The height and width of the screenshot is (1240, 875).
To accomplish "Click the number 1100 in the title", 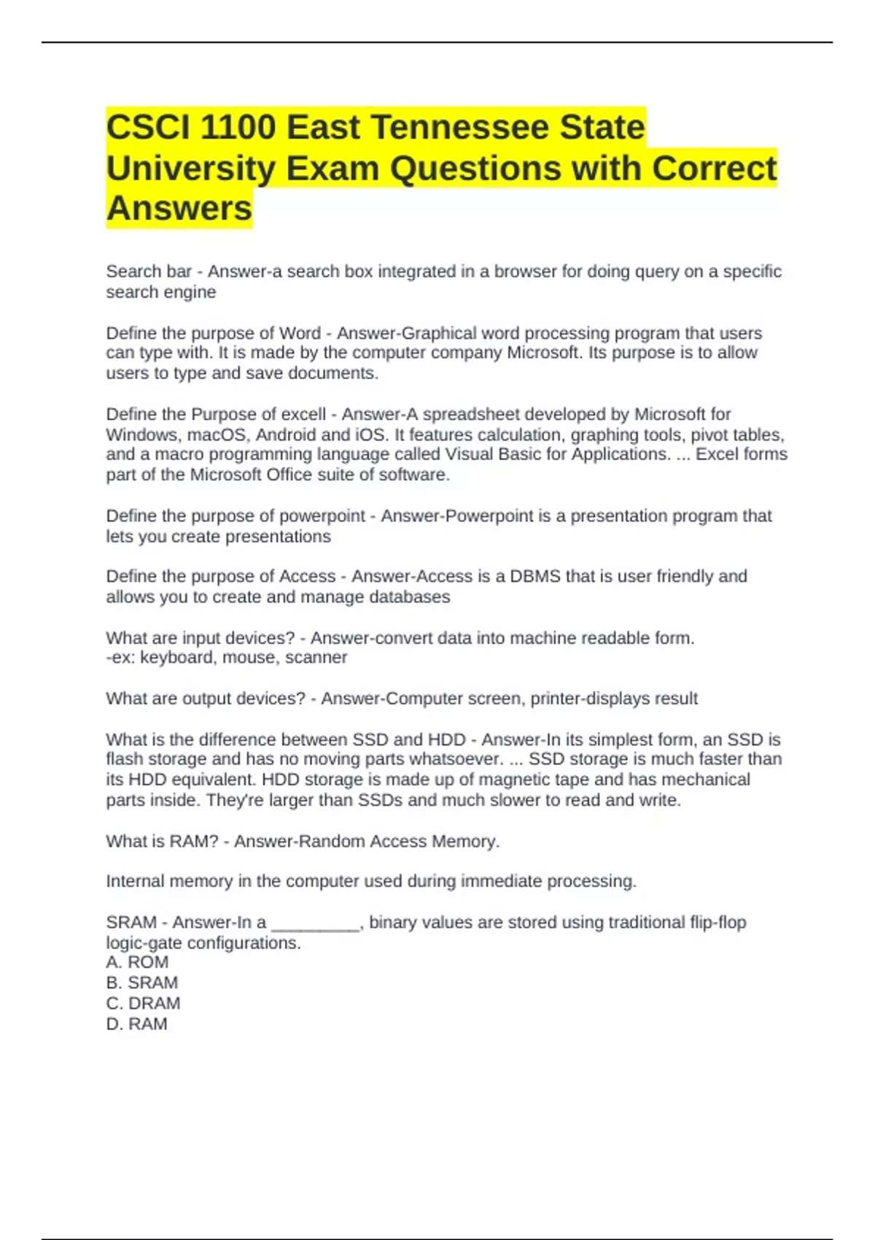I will [x=237, y=128].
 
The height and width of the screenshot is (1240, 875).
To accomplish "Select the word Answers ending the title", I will [x=179, y=209].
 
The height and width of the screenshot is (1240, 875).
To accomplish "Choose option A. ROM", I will [x=137, y=963].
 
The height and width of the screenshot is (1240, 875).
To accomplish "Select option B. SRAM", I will [x=142, y=983].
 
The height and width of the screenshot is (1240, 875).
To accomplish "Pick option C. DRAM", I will [x=143, y=1004].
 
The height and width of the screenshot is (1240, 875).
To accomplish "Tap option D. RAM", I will [x=137, y=1024].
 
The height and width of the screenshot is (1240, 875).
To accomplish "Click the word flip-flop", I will [x=717, y=923].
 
